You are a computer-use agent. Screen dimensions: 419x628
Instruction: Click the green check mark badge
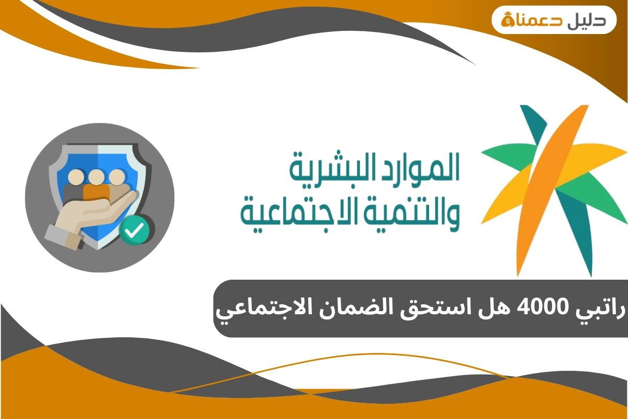point(134,231)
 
